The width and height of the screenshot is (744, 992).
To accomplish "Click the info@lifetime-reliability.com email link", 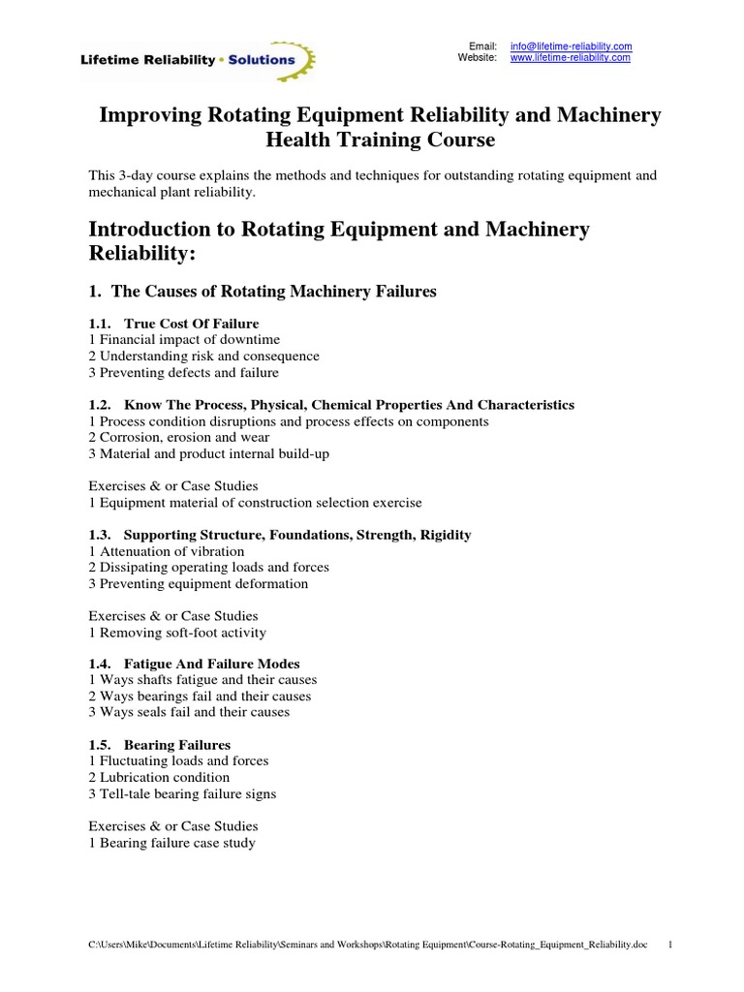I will click(x=571, y=46).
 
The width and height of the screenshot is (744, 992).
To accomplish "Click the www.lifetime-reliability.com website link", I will click(x=570, y=58).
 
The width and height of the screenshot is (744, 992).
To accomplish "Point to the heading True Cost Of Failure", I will click(x=191, y=324).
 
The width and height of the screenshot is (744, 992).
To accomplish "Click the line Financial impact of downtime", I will click(x=184, y=340).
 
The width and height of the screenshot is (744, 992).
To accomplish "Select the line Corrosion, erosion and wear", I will click(x=179, y=438).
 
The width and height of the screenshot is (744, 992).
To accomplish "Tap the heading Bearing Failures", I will click(x=176, y=745).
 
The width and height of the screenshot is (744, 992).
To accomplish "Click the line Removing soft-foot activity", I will click(x=177, y=633).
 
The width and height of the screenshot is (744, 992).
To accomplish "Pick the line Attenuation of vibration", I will click(x=167, y=551).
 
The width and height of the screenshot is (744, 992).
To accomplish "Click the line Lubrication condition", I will click(x=159, y=778).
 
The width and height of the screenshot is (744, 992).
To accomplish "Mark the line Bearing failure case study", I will click(x=171, y=843).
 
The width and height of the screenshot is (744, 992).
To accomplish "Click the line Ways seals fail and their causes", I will click(x=189, y=712).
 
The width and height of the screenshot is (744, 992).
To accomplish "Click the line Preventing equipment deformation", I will click(x=199, y=584).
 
